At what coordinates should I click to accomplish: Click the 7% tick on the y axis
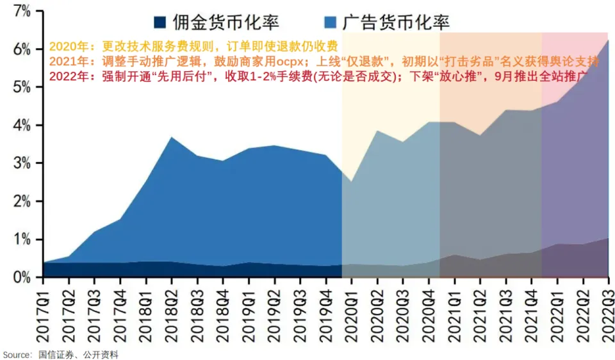click(21, 11)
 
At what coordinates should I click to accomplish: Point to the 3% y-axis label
click(21, 163)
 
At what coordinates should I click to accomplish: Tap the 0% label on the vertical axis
click(21, 277)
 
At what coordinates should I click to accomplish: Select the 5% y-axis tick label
click(21, 87)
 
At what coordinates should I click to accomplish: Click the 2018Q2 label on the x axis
click(172, 311)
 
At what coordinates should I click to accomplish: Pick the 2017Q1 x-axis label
click(43, 311)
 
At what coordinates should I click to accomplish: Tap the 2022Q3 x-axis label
click(609, 311)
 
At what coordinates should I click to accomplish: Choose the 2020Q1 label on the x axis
click(352, 311)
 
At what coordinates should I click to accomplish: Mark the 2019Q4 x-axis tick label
click(327, 311)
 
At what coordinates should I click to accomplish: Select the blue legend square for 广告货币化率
click(331, 22)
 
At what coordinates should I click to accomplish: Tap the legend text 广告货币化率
click(395, 22)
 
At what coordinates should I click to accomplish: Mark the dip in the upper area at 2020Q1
click(352, 181)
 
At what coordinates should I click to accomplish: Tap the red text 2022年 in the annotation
click(64, 78)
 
